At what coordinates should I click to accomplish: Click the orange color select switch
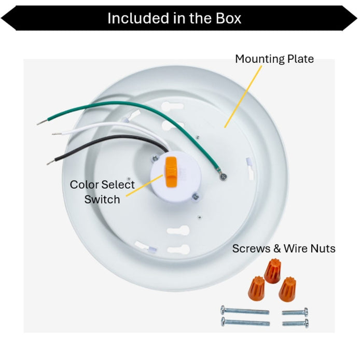tap(171, 172)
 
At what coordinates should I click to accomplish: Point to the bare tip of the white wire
tap(57, 134)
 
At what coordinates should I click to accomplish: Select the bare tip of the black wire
tap(51, 162)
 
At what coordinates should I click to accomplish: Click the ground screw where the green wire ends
tap(223, 177)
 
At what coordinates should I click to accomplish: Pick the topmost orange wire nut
tap(272, 270)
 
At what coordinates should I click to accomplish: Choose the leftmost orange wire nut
tap(256, 288)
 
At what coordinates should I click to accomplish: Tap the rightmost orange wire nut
tap(287, 289)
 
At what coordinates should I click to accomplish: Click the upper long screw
tap(245, 311)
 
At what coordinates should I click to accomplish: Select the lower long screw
tap(245, 322)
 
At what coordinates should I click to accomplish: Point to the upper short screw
tap(295, 312)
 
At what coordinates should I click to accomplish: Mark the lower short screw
tap(295, 323)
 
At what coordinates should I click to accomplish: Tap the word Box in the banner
tap(229, 18)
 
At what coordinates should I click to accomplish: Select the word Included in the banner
tap(138, 18)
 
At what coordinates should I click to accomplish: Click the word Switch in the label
tap(102, 199)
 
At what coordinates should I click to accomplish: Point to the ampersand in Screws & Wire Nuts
tap(277, 248)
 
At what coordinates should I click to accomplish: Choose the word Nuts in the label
tap(323, 248)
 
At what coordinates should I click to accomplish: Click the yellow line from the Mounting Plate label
tap(243, 96)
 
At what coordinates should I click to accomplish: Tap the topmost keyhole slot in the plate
tap(172, 107)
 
